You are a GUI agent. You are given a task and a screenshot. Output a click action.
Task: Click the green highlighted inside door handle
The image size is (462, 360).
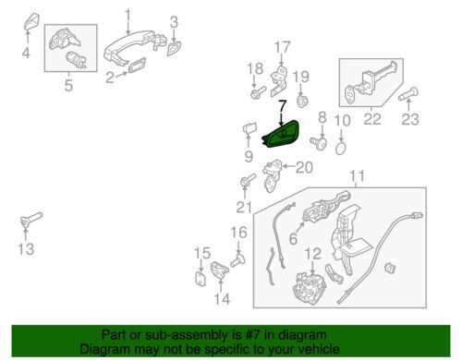coord(281,135)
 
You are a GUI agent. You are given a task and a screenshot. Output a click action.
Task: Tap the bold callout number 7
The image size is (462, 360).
coord(282,106)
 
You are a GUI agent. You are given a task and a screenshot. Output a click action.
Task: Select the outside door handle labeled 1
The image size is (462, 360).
coord(135,47)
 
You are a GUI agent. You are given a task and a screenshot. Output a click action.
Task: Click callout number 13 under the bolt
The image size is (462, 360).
coord(26,248)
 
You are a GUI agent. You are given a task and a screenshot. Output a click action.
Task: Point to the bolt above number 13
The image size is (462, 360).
coord(31,220)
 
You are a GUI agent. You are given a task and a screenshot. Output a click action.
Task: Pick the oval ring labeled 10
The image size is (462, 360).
coord(340,149)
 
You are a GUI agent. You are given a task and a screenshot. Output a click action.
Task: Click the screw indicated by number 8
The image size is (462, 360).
coord(319,143)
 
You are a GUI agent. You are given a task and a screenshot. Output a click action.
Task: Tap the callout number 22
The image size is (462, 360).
coord(372,119)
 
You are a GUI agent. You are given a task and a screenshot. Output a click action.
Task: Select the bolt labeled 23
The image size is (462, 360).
coord(408,93)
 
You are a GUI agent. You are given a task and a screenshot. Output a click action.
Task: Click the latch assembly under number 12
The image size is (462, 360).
coord(310,288)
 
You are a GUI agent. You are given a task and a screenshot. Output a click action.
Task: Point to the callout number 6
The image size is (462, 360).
coord(293,238)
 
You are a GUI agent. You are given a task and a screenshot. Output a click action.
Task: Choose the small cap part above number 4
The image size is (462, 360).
coord(31,21)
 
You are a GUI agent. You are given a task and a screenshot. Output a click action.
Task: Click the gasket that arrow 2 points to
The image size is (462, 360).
coord(137,65)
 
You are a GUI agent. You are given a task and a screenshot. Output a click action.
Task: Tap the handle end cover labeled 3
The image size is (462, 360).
coord(174,48)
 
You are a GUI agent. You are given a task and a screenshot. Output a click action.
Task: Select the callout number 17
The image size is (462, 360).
coord(282,47)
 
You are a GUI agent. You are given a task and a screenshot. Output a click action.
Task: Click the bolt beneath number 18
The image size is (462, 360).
coord(258,92)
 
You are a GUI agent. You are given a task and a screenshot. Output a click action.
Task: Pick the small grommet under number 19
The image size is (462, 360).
coord(302,101)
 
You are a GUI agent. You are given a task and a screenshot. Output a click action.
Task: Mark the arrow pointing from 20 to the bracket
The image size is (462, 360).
coord(288,166)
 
